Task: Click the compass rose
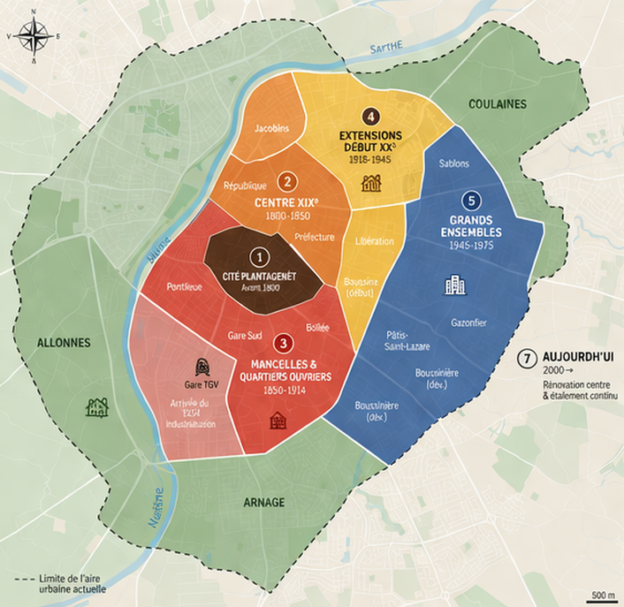pos(33,36)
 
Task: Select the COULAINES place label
pos(498,103)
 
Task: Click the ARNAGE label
pos(263,502)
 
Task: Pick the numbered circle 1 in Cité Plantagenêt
pos(258,256)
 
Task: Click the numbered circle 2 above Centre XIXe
pos(286,181)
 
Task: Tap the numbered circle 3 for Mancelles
pos(282,342)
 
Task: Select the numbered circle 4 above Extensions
pos(370,116)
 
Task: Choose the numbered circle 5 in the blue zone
pos(471,199)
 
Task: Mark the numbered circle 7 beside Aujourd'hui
pos(527,359)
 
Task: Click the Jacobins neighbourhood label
pos(271,129)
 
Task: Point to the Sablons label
pos(453,163)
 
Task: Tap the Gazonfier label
pos(468,322)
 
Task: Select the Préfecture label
pos(315,237)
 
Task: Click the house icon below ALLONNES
pos(96,406)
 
